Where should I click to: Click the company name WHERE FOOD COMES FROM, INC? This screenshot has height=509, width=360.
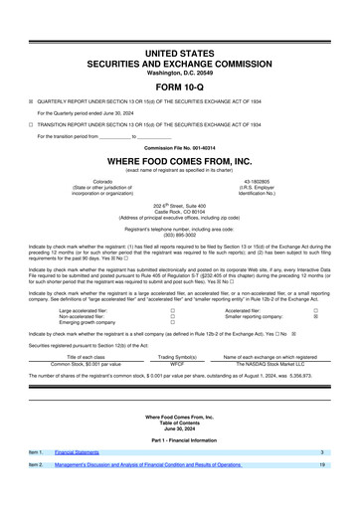[x=179, y=160]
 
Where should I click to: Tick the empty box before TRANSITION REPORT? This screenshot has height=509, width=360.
[x=31, y=124]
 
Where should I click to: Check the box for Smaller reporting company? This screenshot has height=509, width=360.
[x=315, y=288]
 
